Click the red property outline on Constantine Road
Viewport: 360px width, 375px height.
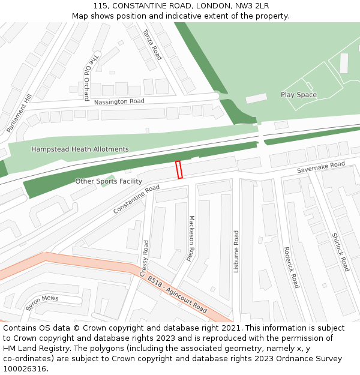point(179,170)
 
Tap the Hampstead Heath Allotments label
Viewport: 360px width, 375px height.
point(80,149)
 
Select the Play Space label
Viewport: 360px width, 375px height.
point(298,95)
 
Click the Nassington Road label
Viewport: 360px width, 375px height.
point(119,102)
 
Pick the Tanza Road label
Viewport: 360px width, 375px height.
point(152,44)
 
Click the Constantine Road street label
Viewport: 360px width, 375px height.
point(136,199)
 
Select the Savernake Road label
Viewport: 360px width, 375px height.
point(321,168)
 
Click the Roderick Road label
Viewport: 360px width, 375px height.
point(291,268)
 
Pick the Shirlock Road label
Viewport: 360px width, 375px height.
point(340,252)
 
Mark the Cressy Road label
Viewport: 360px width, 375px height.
point(145,259)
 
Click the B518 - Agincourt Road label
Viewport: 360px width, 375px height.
point(177,295)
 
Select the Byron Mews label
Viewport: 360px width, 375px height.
point(42,302)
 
